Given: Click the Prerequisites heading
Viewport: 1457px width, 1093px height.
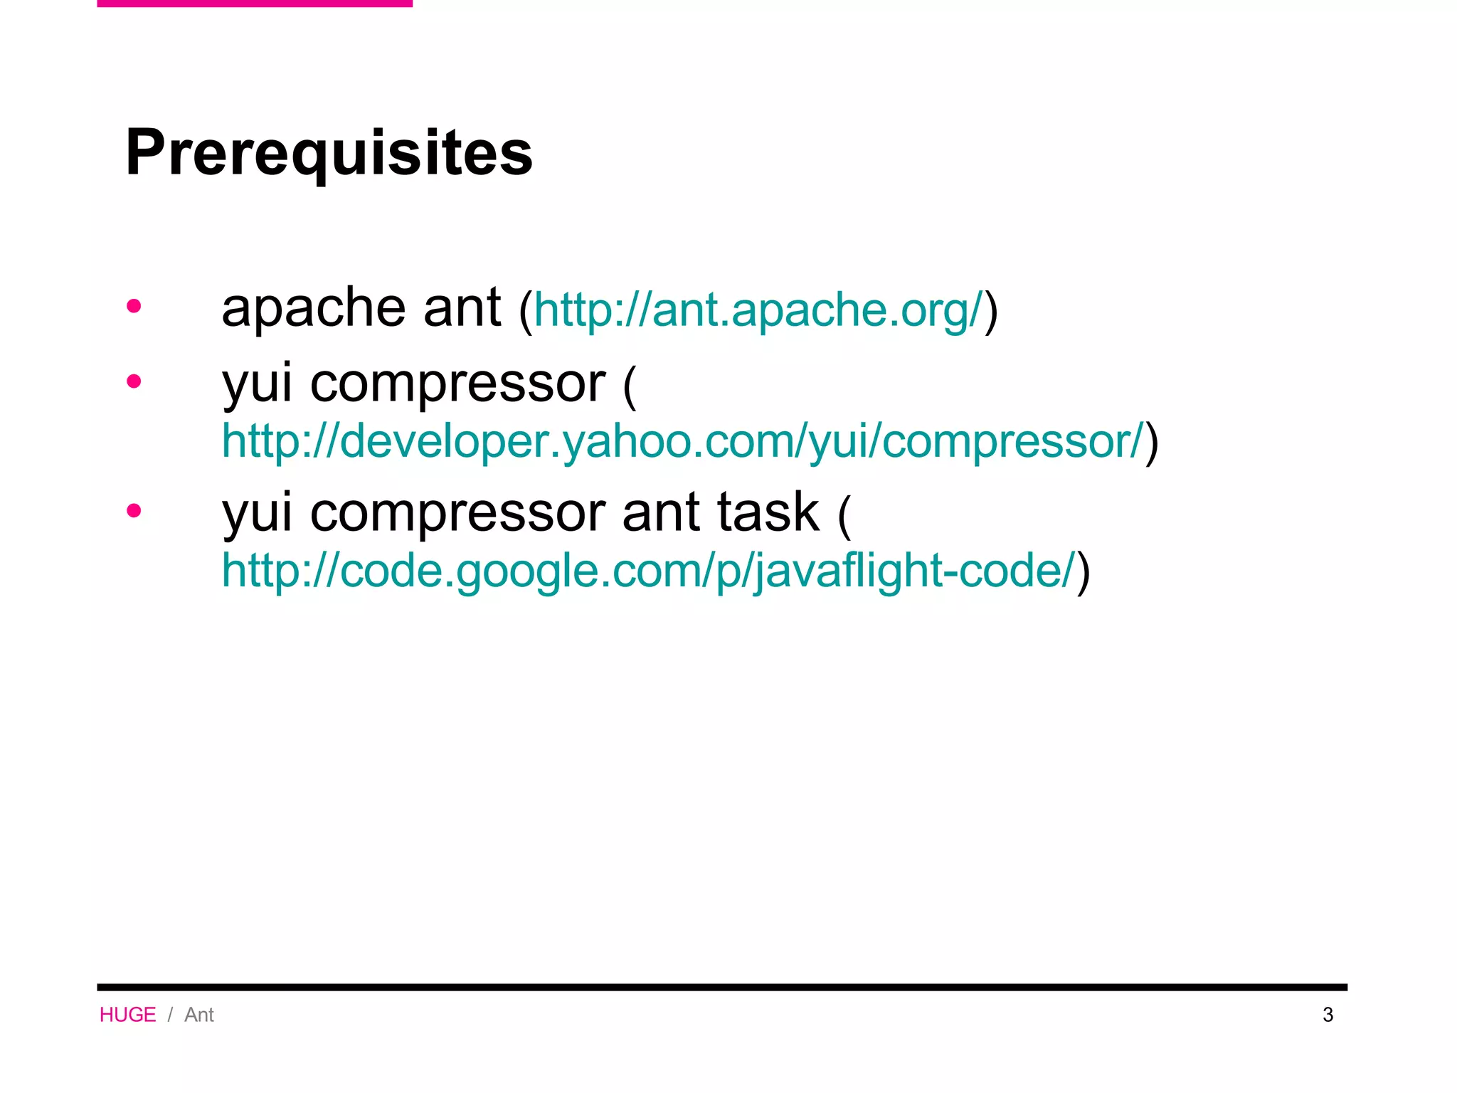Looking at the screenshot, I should click(329, 153).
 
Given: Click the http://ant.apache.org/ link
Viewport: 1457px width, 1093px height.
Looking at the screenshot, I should click(758, 310).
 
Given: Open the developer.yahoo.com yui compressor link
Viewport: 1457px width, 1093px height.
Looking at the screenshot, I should click(683, 441).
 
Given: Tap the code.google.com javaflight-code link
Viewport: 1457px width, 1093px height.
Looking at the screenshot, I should click(647, 571).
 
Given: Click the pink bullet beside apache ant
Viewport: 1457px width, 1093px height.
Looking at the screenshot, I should click(134, 307).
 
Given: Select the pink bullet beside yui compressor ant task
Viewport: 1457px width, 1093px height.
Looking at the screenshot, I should click(134, 511).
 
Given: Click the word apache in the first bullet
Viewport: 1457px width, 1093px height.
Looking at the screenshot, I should click(313, 309).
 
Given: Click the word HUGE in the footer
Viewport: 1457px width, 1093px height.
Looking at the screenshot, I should click(127, 1015).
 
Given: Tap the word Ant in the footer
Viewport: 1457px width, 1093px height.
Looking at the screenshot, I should click(199, 1015).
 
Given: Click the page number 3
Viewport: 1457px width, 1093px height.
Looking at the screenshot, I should click(1328, 1015).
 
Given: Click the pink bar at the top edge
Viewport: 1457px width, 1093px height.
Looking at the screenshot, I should click(255, 4).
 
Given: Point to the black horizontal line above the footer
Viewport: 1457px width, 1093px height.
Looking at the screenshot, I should click(722, 987).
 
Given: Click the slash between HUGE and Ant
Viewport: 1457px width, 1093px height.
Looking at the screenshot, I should click(170, 1015).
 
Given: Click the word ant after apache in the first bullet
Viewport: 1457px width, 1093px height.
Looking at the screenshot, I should click(462, 309).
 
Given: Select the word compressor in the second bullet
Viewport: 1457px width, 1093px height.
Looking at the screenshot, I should click(457, 384).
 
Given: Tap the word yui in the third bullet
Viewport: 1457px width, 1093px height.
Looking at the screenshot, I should click(257, 514).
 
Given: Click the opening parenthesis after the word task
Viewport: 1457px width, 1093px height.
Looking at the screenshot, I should click(844, 515).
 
